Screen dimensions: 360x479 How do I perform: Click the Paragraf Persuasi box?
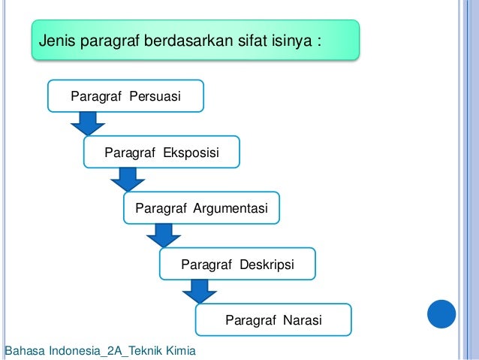click(x=125, y=96)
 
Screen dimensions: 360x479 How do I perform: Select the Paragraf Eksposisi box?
click(x=161, y=153)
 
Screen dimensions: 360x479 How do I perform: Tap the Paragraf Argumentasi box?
click(x=201, y=208)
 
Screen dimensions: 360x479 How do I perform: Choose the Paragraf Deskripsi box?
click(x=237, y=265)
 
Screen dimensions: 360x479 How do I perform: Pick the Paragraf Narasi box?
click(x=273, y=320)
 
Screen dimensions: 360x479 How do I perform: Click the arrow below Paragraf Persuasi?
click(x=87, y=123)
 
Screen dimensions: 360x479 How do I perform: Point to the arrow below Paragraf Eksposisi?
click(x=127, y=179)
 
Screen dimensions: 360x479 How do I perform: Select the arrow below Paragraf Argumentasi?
click(x=163, y=235)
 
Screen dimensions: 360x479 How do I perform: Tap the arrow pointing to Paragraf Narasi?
click(x=199, y=291)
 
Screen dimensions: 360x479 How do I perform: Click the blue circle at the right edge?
click(x=442, y=314)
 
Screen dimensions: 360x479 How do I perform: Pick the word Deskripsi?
click(x=267, y=265)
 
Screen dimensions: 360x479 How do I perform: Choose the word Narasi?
click(x=303, y=321)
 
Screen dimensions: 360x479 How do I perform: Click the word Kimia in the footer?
click(x=180, y=351)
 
